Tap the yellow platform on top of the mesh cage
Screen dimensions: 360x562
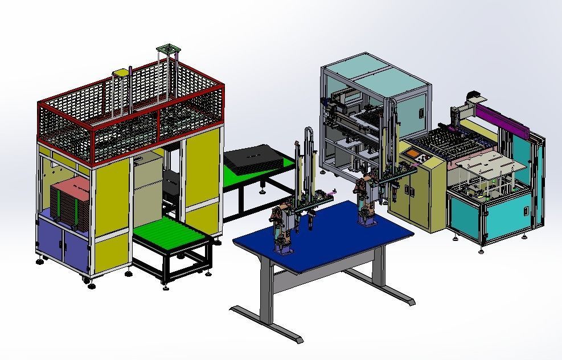coord(121,73)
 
